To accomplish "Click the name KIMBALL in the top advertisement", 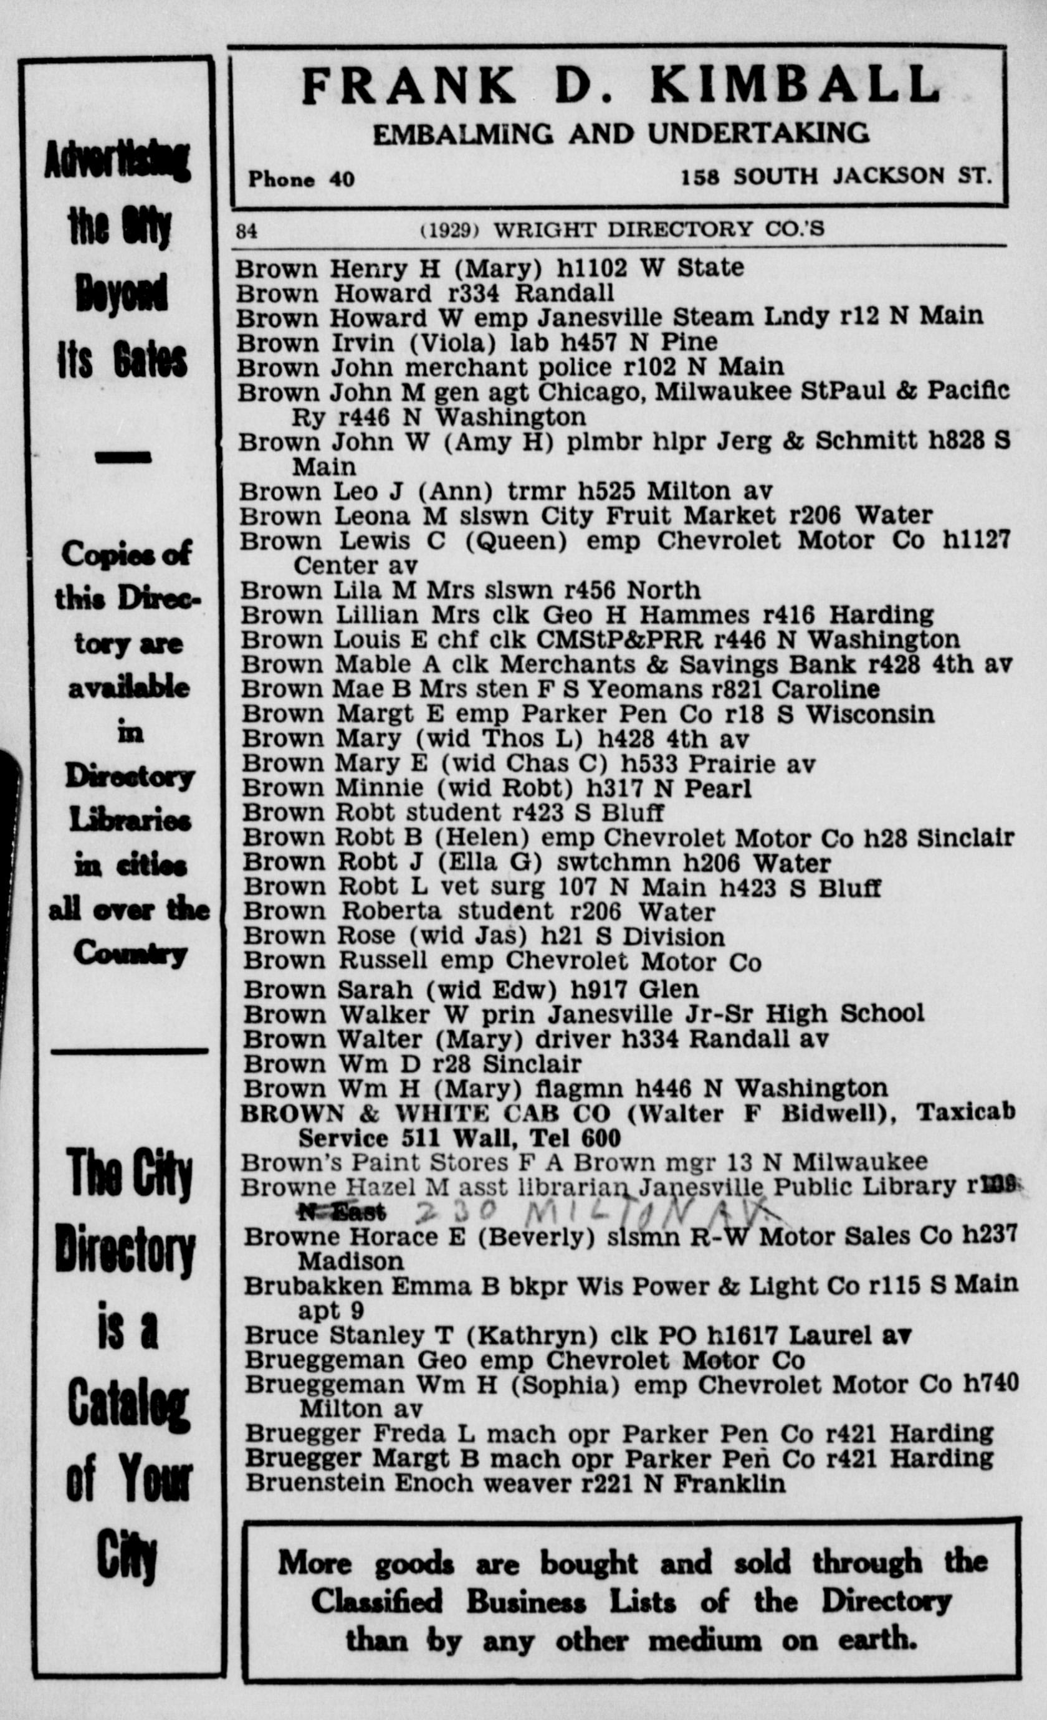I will tap(796, 85).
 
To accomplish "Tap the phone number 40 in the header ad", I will tap(342, 179).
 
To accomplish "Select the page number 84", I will tap(246, 231).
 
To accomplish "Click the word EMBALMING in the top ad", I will tap(464, 134).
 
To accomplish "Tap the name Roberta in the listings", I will tap(391, 912).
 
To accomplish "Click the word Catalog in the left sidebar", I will tap(128, 1405).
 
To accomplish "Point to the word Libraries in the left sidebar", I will tap(130, 820).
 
